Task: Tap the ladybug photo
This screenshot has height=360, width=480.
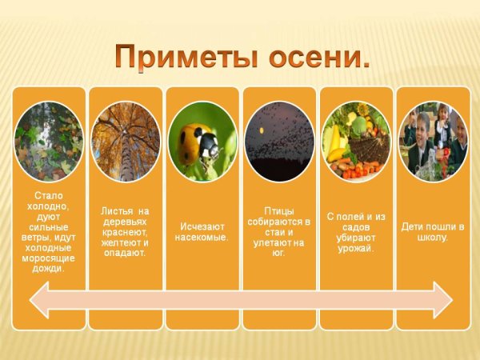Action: click(202, 141)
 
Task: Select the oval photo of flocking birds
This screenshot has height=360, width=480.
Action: click(279, 141)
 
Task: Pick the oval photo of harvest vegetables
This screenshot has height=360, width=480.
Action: click(356, 141)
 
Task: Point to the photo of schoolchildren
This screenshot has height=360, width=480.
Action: click(433, 141)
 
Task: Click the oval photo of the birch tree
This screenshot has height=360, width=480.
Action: click(126, 141)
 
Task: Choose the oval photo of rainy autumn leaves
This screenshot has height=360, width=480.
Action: click(49, 141)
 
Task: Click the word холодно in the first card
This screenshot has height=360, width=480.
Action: click(49, 206)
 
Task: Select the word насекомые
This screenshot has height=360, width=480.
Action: click(202, 237)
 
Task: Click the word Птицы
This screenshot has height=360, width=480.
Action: click(279, 210)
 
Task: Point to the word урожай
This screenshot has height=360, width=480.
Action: click(356, 247)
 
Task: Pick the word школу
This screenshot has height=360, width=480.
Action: click(433, 237)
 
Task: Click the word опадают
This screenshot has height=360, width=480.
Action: click(126, 252)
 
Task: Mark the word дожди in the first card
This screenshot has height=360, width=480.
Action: click(49, 268)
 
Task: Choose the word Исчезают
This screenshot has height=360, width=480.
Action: click(202, 226)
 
